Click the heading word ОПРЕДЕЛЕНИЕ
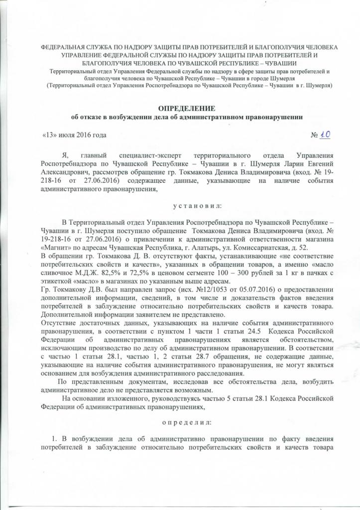point(180,109)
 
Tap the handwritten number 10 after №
point(326,134)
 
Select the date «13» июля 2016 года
point(74,135)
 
